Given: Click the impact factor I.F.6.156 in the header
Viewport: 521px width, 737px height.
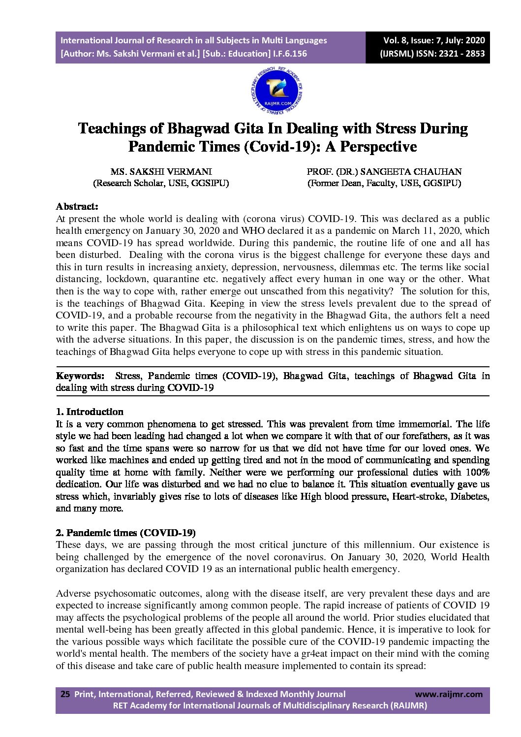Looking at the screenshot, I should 290,54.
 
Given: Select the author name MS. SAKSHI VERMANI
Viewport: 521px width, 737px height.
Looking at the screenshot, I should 161,172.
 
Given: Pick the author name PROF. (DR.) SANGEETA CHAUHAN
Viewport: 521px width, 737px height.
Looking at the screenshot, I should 384,172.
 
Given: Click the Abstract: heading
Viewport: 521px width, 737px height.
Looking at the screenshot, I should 77,206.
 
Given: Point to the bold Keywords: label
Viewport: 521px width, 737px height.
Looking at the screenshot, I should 80,376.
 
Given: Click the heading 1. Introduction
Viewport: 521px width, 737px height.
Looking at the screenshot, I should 90,412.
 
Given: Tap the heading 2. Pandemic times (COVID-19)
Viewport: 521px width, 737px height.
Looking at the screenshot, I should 125,533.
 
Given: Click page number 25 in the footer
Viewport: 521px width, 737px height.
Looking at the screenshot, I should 65,694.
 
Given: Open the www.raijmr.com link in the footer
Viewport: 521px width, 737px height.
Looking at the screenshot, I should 449,694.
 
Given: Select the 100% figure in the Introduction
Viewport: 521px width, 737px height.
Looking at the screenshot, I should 477,472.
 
